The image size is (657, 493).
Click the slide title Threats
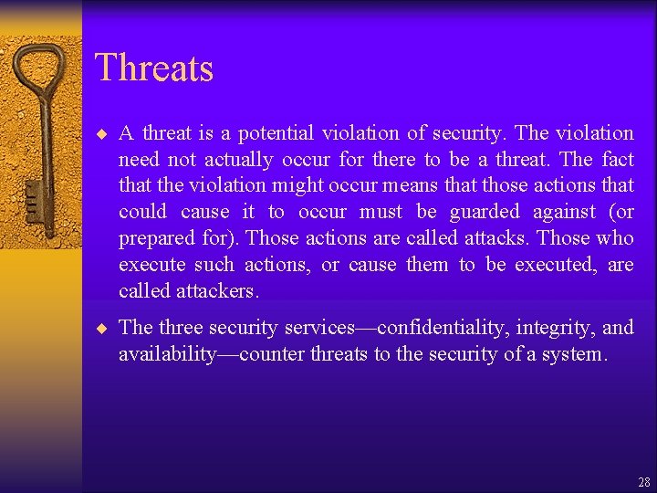(153, 68)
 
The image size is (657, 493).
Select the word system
(572, 353)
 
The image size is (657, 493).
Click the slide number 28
(644, 482)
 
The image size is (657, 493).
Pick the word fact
(618, 160)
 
